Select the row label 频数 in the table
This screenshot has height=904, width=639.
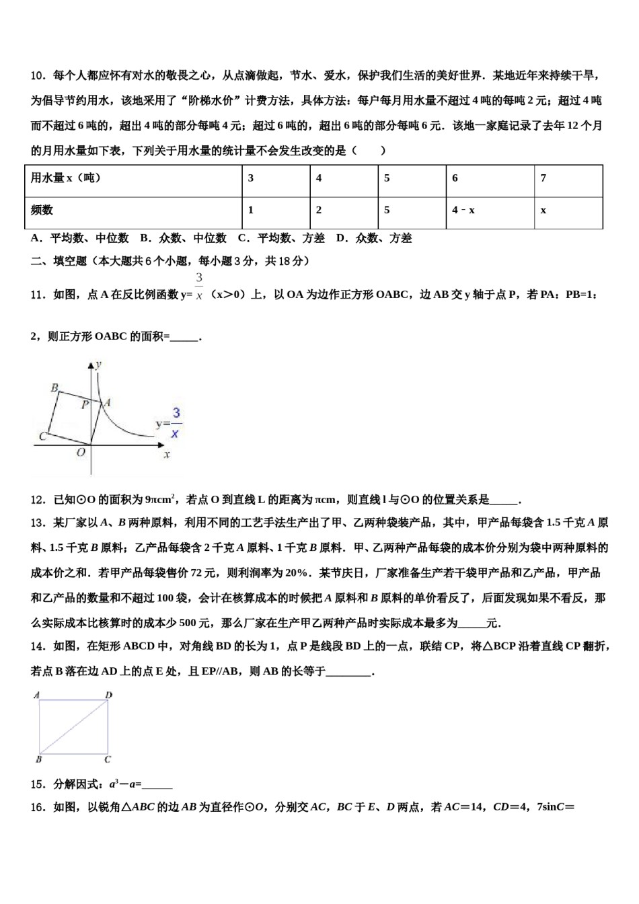(42, 210)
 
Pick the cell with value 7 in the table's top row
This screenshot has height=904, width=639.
(543, 178)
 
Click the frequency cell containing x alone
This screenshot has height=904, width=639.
(543, 210)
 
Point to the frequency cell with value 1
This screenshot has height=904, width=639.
(251, 210)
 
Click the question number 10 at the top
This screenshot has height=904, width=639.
(37, 75)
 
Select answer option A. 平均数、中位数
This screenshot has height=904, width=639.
(79, 238)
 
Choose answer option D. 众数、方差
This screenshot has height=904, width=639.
(374, 238)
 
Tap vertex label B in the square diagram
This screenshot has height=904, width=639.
(54, 387)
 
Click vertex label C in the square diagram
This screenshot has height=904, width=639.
(42, 437)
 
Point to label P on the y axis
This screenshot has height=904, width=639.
(85, 405)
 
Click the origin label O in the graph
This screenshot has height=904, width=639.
(81, 453)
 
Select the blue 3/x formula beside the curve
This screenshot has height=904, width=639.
(174, 423)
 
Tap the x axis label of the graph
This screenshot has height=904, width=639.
(166, 455)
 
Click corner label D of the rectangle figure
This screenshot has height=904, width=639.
(109, 695)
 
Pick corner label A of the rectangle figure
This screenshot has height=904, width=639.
(36, 695)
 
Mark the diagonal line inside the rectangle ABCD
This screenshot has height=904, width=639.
(74, 726)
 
